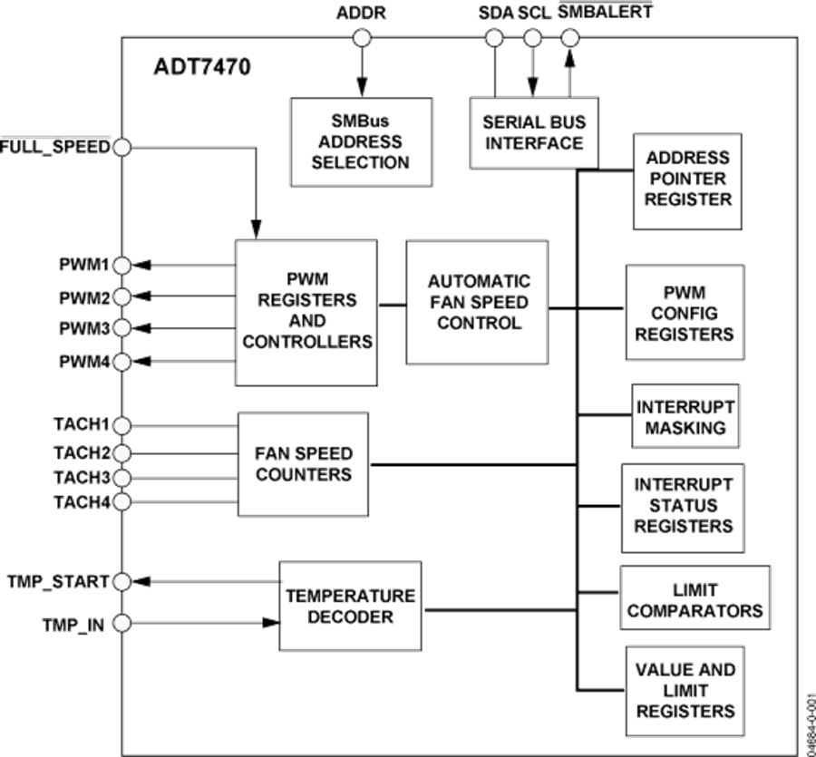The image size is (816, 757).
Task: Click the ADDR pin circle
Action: [x=362, y=38]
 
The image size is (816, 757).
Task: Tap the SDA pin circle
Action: [x=494, y=38]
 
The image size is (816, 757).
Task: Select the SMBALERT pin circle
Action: [x=569, y=38]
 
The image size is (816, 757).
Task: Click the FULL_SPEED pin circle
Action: [x=120, y=146]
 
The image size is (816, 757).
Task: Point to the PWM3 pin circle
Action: [x=121, y=326]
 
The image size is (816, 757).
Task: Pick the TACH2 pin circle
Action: [x=121, y=451]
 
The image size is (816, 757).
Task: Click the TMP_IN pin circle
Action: [x=121, y=623]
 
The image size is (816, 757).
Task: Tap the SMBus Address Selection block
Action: [x=360, y=141]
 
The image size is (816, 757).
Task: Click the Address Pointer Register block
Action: [x=688, y=179]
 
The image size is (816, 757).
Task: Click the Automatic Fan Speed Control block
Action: [x=477, y=303]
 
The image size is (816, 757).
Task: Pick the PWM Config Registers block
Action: [x=685, y=312]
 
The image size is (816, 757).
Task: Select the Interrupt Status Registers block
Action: [x=682, y=507]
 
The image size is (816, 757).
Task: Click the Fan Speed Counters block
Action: [x=303, y=462]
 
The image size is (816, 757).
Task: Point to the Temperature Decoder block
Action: [x=350, y=606]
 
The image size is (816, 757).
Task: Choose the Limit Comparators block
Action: [x=695, y=598]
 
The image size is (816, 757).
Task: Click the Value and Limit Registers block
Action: [x=685, y=691]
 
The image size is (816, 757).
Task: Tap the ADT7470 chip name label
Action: [x=201, y=67]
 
